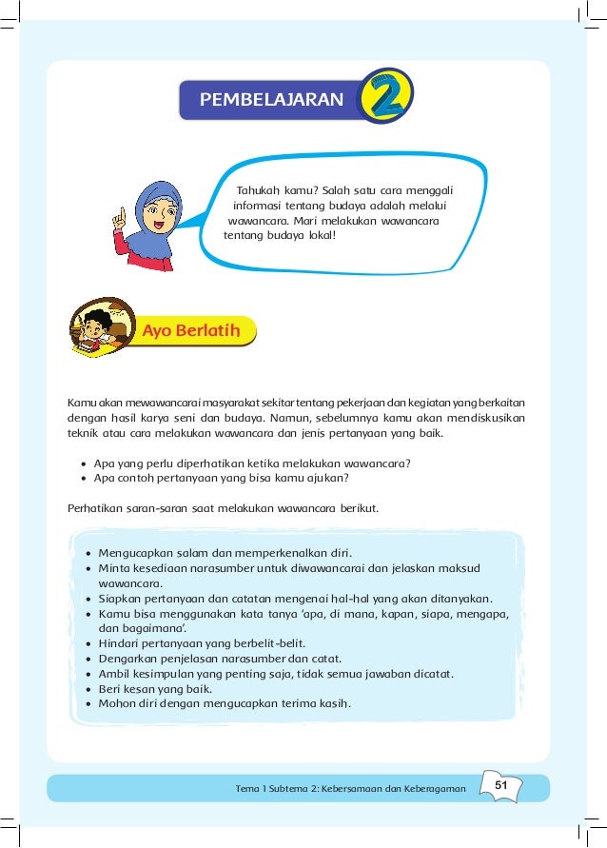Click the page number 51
click(502, 783)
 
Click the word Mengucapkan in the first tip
click(133, 552)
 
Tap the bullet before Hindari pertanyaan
click(88, 643)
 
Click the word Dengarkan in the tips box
click(129, 659)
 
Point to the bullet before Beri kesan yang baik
click(88, 689)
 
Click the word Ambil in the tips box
click(115, 674)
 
